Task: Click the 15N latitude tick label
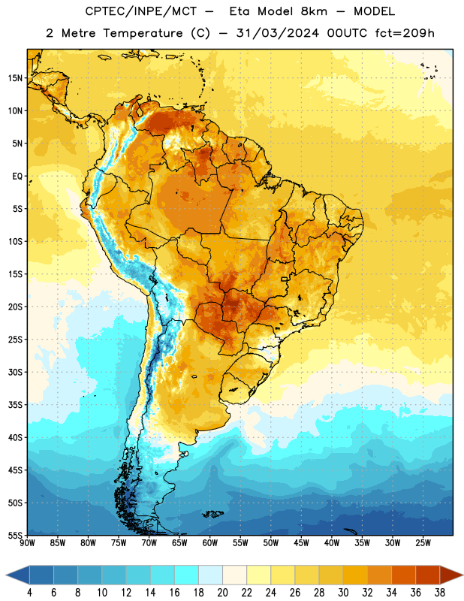(x=15, y=78)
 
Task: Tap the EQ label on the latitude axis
(x=17, y=177)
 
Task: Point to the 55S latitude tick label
(x=15, y=535)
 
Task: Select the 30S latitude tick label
(x=15, y=372)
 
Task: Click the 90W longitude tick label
(x=27, y=543)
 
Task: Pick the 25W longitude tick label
(x=423, y=543)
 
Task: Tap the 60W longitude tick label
(x=210, y=543)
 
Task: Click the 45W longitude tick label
(x=301, y=543)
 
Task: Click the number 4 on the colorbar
(x=29, y=593)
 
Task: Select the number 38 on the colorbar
(x=440, y=593)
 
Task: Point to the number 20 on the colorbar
(x=222, y=593)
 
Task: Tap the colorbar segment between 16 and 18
(x=187, y=575)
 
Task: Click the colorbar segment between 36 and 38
(x=428, y=575)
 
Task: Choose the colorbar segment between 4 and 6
(x=41, y=575)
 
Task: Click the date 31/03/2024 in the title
(x=278, y=33)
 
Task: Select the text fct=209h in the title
(x=405, y=33)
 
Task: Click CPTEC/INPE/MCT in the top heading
(x=141, y=11)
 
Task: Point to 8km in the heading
(x=314, y=11)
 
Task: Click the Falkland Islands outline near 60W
(x=212, y=514)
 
